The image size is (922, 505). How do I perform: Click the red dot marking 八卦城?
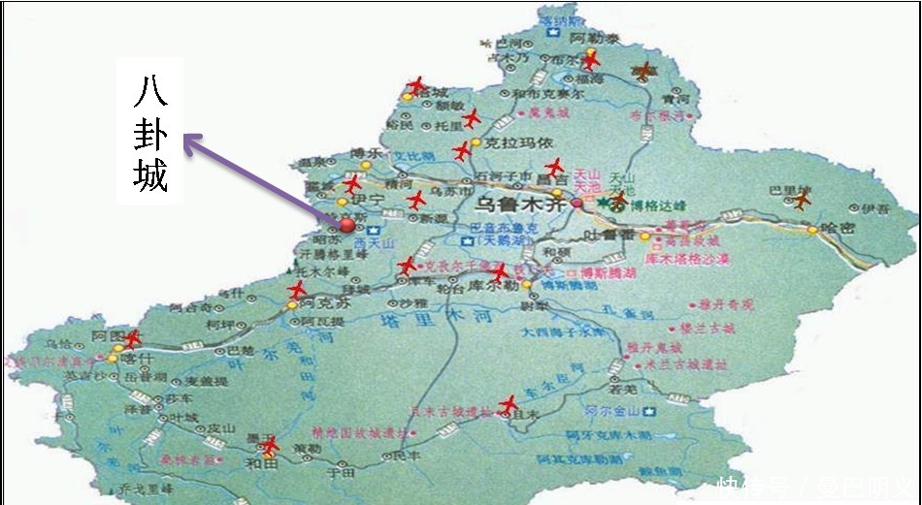[x=347, y=226]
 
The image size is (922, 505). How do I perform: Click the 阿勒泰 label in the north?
[x=588, y=38]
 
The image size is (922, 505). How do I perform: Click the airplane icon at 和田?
[x=270, y=444]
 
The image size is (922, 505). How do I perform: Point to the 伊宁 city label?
[x=371, y=201]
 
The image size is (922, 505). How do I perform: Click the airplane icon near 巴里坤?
[x=801, y=200]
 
